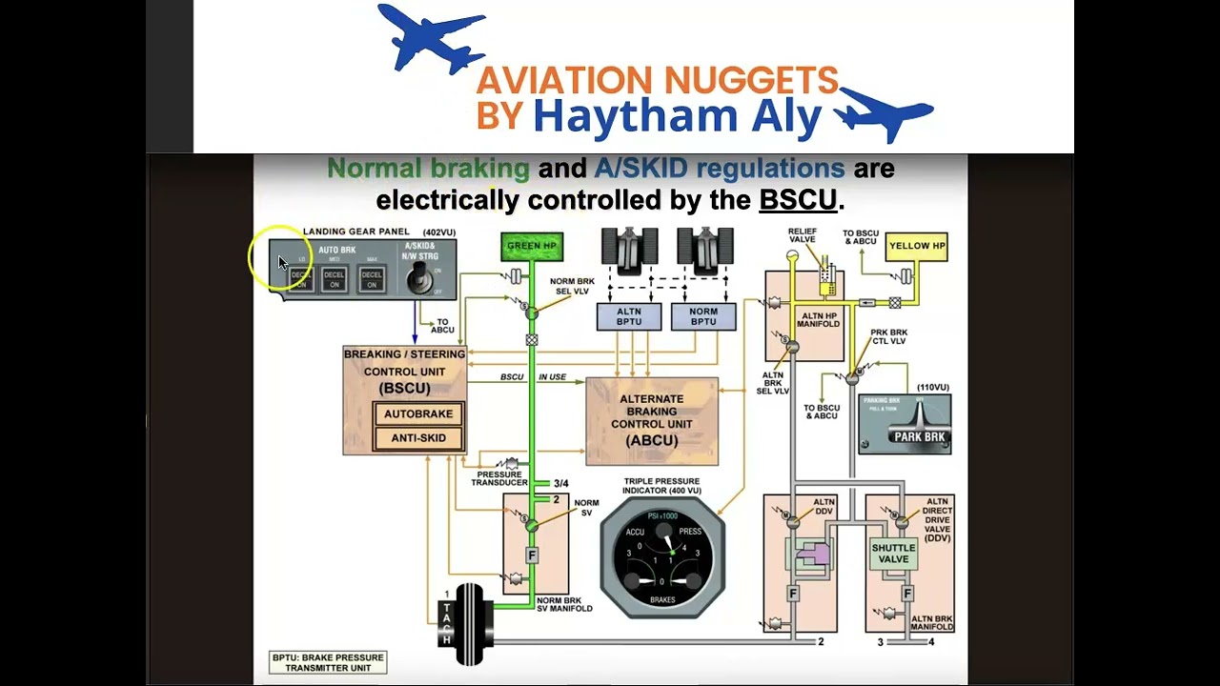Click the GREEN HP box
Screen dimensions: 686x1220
[x=532, y=246]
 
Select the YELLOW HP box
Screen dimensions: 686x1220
[x=916, y=246]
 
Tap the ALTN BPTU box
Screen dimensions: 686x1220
[x=629, y=316]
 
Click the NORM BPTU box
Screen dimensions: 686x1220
[x=703, y=316]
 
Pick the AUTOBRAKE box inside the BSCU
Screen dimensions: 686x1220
[x=418, y=414]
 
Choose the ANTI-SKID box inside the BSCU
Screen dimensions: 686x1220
[x=418, y=438]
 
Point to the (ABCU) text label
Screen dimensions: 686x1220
[x=652, y=441]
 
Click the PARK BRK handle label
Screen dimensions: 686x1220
[x=919, y=437]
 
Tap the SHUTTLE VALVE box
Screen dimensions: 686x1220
[x=893, y=554]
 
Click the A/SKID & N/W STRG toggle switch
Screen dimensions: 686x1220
[x=417, y=277]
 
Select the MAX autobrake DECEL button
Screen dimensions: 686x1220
[x=372, y=278]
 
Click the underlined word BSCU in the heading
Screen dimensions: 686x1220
[x=798, y=201]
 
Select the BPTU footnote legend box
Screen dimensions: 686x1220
[x=328, y=663]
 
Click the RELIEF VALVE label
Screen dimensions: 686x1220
[x=802, y=235]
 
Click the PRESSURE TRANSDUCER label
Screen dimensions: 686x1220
[x=498, y=478]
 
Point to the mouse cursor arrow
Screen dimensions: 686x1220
[x=283, y=262]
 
